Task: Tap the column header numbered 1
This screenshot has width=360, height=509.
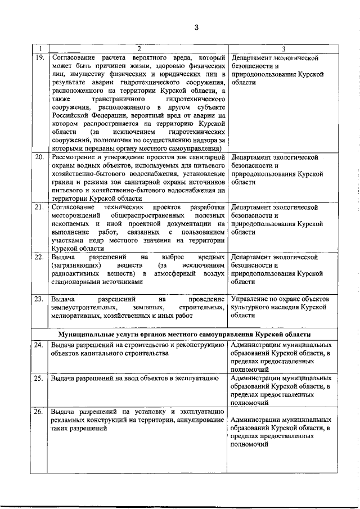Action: coord(40,49)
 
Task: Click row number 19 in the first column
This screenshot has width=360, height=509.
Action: coord(40,58)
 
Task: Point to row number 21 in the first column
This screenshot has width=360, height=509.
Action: coord(40,208)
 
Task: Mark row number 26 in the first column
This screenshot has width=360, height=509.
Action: coord(40,412)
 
